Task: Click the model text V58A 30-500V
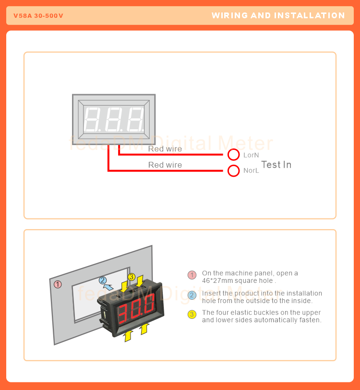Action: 38,16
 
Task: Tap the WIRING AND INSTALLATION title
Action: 278,15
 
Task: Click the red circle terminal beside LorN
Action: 233,154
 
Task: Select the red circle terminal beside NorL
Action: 233,171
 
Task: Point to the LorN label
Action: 251,155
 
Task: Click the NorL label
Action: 251,171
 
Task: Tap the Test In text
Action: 276,165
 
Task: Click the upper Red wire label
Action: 165,149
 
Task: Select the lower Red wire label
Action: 165,165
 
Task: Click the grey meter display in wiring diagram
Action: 114,120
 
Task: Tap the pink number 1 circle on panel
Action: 58,284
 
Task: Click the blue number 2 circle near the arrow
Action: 103,280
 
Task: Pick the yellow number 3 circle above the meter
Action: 132,277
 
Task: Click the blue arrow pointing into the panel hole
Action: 109,287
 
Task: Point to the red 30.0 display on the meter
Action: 137,309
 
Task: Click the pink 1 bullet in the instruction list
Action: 192,275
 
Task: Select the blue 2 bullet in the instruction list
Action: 192,295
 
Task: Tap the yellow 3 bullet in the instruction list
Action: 192,315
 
